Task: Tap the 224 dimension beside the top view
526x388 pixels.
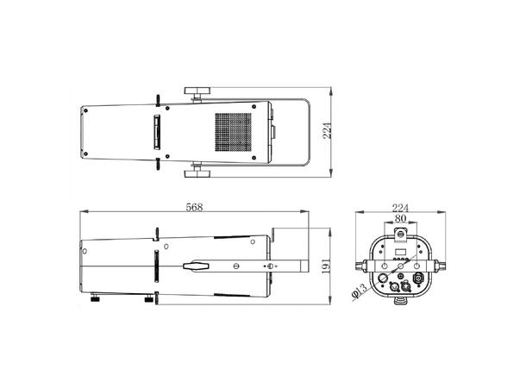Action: (327, 130)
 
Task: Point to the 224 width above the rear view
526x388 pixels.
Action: (401, 207)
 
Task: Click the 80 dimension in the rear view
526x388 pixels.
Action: (401, 219)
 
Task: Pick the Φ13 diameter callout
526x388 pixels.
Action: (360, 291)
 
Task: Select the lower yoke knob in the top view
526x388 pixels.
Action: (200, 173)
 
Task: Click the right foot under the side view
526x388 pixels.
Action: (150, 299)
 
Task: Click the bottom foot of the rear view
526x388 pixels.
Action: (401, 301)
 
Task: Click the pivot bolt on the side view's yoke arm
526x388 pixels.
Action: (272, 266)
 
